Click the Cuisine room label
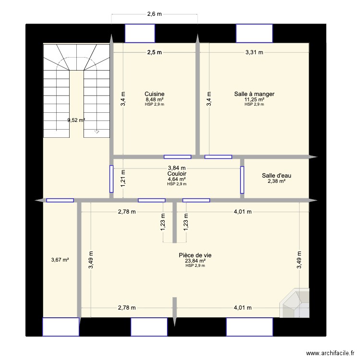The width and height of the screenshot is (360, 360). tap(155, 94)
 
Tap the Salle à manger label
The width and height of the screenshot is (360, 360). tap(254, 94)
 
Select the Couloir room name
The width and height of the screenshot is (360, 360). tap(177, 173)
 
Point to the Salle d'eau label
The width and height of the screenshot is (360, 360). tap(276, 176)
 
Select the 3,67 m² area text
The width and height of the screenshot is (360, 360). tap(60, 260)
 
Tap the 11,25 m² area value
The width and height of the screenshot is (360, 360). tap(254, 100)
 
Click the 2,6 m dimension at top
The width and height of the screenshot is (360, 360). tap(155, 14)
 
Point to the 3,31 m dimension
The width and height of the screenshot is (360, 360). tap(254, 53)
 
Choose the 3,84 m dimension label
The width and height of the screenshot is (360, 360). tap(177, 168)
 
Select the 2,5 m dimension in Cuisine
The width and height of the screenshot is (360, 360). tap(155, 53)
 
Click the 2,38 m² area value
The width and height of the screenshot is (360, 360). tap(276, 181)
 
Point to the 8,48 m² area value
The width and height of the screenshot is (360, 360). tap(155, 100)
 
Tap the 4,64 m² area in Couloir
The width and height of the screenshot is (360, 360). tap(177, 179)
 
